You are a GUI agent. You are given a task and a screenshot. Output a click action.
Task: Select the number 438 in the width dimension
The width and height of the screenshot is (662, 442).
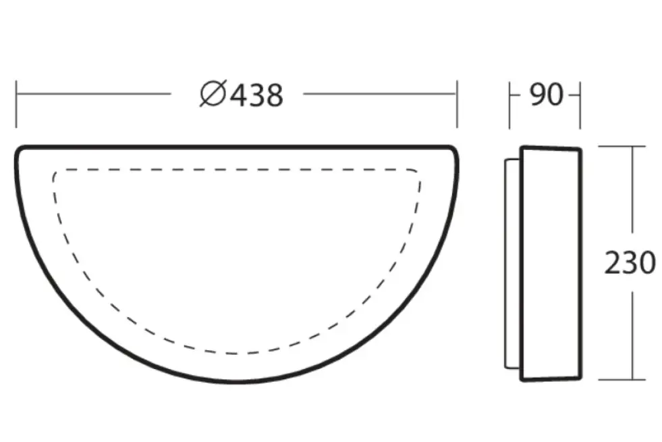[256, 95]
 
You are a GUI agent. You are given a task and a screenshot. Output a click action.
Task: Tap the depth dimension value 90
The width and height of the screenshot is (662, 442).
[545, 95]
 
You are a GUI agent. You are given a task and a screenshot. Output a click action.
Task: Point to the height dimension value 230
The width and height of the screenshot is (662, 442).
[629, 263]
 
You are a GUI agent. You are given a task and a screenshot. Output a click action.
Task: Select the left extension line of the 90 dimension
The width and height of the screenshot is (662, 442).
[509, 105]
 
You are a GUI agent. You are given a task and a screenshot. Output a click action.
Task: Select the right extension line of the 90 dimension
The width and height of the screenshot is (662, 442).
[580, 105]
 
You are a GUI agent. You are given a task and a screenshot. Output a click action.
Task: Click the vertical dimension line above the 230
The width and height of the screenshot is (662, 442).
[632, 196]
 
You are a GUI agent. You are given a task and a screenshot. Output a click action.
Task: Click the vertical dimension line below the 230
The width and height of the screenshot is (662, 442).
[632, 331]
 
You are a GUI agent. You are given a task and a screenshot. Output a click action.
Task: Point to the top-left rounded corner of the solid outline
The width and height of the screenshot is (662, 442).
[20, 151]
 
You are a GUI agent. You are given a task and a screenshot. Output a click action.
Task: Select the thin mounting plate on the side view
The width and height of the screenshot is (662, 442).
[512, 264]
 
